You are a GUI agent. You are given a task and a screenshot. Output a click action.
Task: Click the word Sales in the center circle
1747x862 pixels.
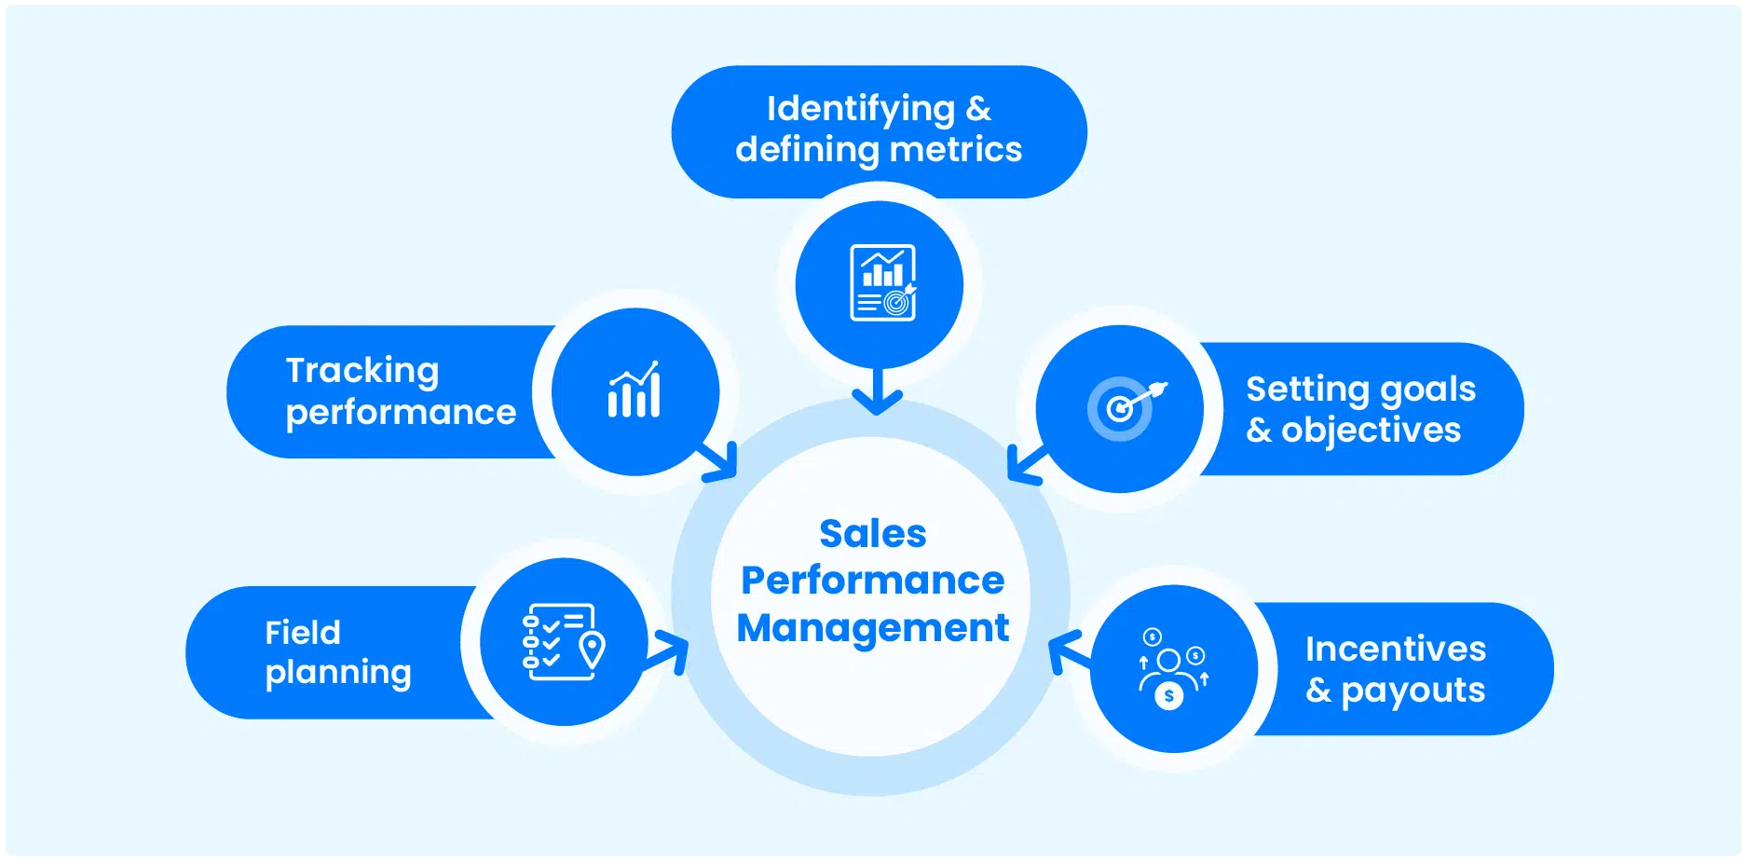click(x=872, y=534)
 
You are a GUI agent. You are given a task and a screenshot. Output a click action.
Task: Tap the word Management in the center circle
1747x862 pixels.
click(x=872, y=628)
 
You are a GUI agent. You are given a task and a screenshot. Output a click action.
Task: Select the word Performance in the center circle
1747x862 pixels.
click(x=872, y=581)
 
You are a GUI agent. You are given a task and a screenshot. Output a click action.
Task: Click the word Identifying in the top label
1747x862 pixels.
click(x=860, y=109)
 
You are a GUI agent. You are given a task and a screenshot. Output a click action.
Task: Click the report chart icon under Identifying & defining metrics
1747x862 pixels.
click(x=882, y=282)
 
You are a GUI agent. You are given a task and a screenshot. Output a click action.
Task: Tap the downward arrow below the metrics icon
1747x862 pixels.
click(x=877, y=393)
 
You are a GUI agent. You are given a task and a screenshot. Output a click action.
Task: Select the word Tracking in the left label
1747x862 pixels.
click(x=362, y=371)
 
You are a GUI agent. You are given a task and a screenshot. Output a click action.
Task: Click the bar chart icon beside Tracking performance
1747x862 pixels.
click(x=635, y=391)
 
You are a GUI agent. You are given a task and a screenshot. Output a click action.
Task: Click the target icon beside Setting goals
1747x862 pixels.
click(x=1124, y=407)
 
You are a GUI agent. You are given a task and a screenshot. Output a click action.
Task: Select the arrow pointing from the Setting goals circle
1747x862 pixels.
click(x=1027, y=463)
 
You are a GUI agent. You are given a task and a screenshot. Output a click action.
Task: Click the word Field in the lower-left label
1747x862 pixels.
click(x=303, y=633)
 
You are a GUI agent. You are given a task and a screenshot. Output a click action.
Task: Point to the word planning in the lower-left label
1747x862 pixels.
click(x=338, y=673)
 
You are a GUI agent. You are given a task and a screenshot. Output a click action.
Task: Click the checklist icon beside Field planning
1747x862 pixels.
click(x=564, y=642)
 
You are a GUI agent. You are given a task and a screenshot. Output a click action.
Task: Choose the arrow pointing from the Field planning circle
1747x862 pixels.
click(x=668, y=650)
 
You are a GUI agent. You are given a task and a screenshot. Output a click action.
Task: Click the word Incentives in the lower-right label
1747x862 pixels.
click(x=1395, y=649)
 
